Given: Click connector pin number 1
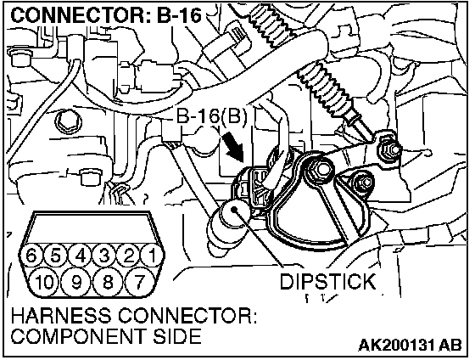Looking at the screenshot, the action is tap(153, 256).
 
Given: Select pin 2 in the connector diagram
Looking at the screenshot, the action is tap(129, 256).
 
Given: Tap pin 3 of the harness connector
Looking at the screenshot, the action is tap(103, 256).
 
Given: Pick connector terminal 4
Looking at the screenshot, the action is tap(80, 256).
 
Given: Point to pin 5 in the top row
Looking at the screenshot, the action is tap(55, 256).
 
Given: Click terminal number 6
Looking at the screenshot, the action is tap(31, 256).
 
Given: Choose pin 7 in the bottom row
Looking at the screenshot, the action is tap(138, 282).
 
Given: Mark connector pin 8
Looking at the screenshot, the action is tap(108, 282).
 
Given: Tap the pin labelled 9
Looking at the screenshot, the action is tap(76, 282).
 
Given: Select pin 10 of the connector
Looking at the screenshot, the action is tap(45, 282).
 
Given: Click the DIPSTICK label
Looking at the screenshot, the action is tap(327, 282).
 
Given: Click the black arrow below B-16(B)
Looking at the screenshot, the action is tap(233, 147).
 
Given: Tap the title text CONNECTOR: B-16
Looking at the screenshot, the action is tap(106, 15).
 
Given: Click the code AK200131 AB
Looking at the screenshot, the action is tap(411, 345).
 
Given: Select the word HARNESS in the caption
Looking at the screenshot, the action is tap(61, 315).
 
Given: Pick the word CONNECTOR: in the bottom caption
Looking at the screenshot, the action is tap(187, 315).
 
